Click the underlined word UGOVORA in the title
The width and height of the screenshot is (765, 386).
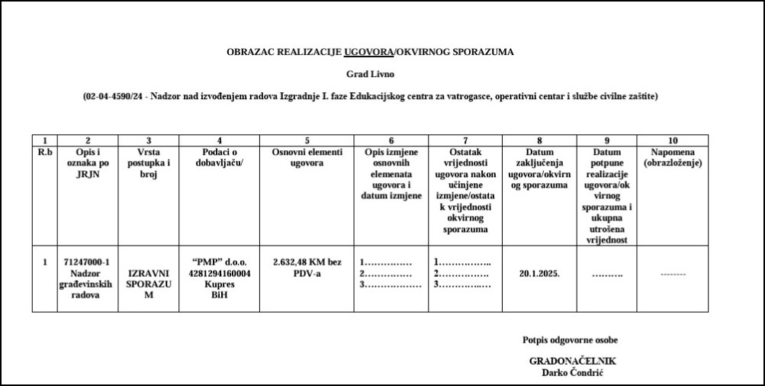pos(368,53)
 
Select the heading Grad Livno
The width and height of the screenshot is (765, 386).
pos(371,75)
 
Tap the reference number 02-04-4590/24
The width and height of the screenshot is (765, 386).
pos(114,97)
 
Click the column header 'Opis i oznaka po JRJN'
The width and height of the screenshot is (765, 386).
pos(88,162)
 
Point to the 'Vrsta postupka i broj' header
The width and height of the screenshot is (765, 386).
pos(149,162)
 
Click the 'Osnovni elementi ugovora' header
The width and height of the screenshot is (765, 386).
pos(307,157)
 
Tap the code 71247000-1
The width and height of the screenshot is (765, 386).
pos(88,262)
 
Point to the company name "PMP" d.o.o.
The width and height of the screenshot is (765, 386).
pos(219,262)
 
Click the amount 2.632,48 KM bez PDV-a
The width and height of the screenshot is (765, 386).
pos(307,268)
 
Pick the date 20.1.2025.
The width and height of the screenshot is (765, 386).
pos(539,273)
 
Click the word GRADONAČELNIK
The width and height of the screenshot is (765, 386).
pos(572,361)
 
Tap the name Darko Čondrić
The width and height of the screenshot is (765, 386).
pos(572,372)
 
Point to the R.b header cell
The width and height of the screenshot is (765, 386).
pos(45,152)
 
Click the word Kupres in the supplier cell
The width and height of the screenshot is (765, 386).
pos(219,284)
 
